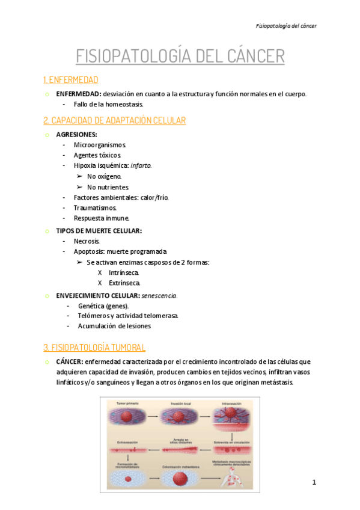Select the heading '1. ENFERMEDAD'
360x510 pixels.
click(x=71, y=80)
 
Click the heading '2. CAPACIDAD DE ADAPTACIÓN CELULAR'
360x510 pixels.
click(x=115, y=120)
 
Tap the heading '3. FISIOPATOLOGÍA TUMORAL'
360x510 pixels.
click(x=94, y=348)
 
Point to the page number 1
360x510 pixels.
click(x=314, y=482)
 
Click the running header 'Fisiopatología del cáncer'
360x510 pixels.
click(x=286, y=26)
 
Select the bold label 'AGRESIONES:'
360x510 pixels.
click(x=76, y=135)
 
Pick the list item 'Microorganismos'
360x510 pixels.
click(x=100, y=145)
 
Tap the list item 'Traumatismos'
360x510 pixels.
click(x=95, y=207)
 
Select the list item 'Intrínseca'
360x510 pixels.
click(x=124, y=272)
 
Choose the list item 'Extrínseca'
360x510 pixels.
click(x=124, y=283)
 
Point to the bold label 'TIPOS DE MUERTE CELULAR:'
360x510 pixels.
click(x=99, y=230)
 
